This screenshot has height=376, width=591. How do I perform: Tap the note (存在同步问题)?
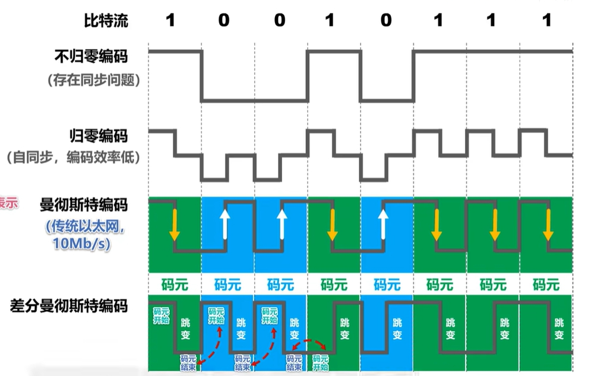94,80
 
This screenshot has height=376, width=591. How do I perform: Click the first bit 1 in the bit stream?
170,21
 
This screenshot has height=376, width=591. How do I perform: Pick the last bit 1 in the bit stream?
546,21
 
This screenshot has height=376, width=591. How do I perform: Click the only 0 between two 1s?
386,21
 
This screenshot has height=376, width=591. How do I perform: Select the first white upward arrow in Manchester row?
225,223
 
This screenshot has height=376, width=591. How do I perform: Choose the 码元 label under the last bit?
546,285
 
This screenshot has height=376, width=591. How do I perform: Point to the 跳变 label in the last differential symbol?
559,329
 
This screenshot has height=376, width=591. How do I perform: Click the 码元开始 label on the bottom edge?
321,362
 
